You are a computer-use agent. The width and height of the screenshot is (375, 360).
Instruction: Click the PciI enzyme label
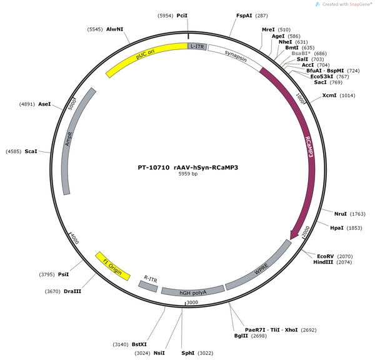pyautogui.click(x=182, y=16)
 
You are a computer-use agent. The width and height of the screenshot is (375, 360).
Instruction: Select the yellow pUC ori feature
pyautogui.click(x=144, y=54)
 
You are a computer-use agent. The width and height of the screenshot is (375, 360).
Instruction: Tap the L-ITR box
pyautogui.click(x=197, y=46)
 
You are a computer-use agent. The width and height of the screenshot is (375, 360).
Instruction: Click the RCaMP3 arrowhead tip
pyautogui.click(x=291, y=239)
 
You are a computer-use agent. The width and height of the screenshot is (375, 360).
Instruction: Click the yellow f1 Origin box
pyautogui.click(x=112, y=266)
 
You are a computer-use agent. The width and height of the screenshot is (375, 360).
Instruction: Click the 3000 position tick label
pyautogui.click(x=192, y=302)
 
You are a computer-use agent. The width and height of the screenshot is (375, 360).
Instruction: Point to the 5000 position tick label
pyautogui.click(x=72, y=105)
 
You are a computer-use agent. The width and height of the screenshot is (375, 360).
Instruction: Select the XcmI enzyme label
pyautogui.click(x=329, y=96)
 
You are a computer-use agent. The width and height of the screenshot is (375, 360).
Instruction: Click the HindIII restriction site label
pyautogui.click(x=323, y=262)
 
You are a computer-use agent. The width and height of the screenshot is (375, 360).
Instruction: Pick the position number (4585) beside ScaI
pyautogui.click(x=13, y=151)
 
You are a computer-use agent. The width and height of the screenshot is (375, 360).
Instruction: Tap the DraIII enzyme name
pyautogui.click(x=72, y=291)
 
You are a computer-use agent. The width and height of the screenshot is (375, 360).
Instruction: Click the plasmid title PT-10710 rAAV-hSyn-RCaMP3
pyautogui.click(x=188, y=167)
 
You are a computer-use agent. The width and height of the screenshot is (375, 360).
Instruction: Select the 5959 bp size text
pyautogui.click(x=188, y=174)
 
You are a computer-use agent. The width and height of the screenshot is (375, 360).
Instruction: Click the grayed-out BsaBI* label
pyautogui.click(x=301, y=53)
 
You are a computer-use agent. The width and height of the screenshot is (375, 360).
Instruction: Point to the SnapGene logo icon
pyautogui.click(x=317, y=4)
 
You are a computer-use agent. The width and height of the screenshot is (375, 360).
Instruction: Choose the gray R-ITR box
pyautogui.click(x=148, y=286)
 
